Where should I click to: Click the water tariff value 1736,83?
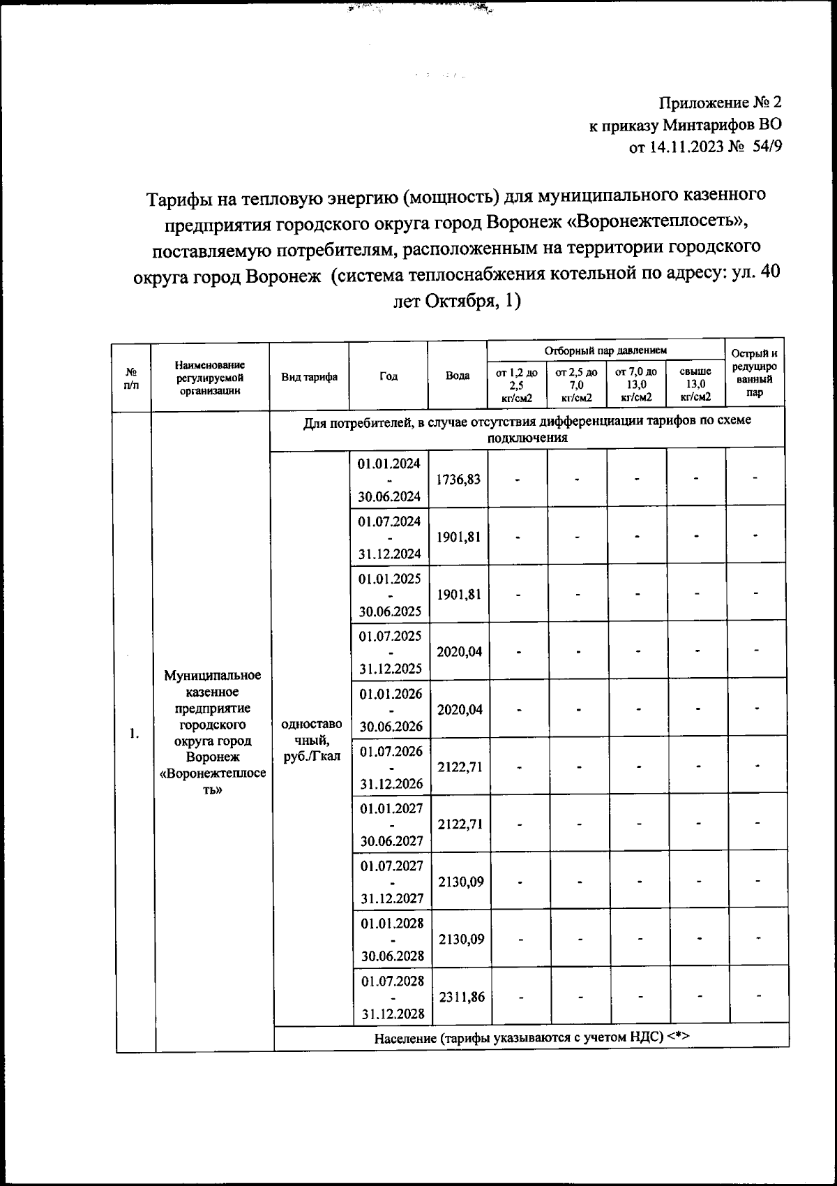point(458,480)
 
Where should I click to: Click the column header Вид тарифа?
point(309,377)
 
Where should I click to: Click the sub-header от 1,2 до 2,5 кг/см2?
point(516,385)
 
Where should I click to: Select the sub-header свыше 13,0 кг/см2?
point(695,385)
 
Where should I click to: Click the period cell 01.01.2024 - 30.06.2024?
point(389,480)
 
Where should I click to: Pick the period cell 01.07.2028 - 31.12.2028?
point(392,997)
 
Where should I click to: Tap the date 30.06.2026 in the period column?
point(391,726)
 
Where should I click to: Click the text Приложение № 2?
point(721,103)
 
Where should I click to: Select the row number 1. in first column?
point(134,734)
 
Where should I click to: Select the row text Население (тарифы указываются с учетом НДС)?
point(531,1037)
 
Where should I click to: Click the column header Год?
point(389,376)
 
